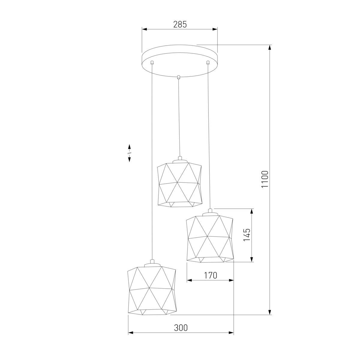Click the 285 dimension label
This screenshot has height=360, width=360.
coord(180,24)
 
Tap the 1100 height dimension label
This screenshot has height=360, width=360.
coord(265,179)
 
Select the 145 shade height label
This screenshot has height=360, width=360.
coord(246,235)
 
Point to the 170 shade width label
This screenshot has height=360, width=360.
coord(210,275)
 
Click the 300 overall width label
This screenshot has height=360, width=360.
coord(181,328)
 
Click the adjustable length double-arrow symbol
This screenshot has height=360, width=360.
coord(129,153)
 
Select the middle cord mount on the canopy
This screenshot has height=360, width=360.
coord(179,77)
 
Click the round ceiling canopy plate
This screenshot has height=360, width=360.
coord(180,60)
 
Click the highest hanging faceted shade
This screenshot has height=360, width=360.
coord(179,184)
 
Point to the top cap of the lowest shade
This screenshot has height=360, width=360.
coord(152,264)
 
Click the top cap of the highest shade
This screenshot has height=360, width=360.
coord(180,159)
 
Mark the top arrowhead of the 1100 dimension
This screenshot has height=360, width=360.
coord(270,48)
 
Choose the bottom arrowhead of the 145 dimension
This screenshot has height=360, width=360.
coord(252,259)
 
